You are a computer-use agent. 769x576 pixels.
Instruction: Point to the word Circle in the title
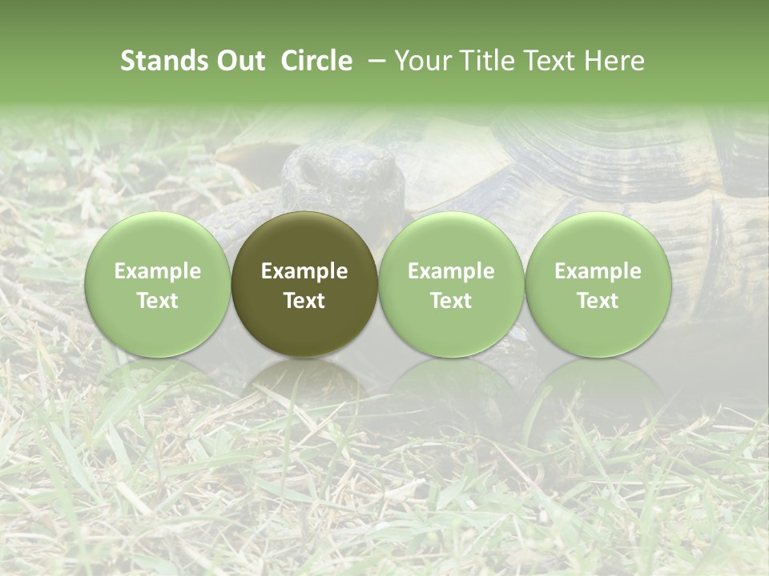coord(316,61)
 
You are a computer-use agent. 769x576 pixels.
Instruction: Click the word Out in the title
coord(238,61)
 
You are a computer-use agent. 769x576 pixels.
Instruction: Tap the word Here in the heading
coord(614,61)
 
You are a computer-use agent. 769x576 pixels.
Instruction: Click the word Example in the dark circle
coord(304,271)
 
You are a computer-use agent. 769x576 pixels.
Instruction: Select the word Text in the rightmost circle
coord(598,301)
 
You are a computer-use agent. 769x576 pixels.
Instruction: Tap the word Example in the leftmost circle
coord(157,271)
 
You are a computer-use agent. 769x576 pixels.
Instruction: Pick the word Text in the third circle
coord(451,301)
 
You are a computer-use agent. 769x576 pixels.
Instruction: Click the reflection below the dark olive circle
coord(304,380)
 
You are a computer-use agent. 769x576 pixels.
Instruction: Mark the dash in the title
coord(373,61)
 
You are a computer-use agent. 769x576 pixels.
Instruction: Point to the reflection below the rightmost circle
coord(598,380)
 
